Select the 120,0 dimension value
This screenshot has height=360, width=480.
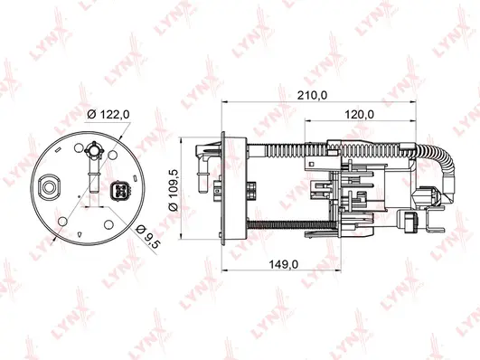pyautogui.click(x=361, y=115)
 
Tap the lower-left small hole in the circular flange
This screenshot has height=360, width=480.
pyautogui.click(x=62, y=221)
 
